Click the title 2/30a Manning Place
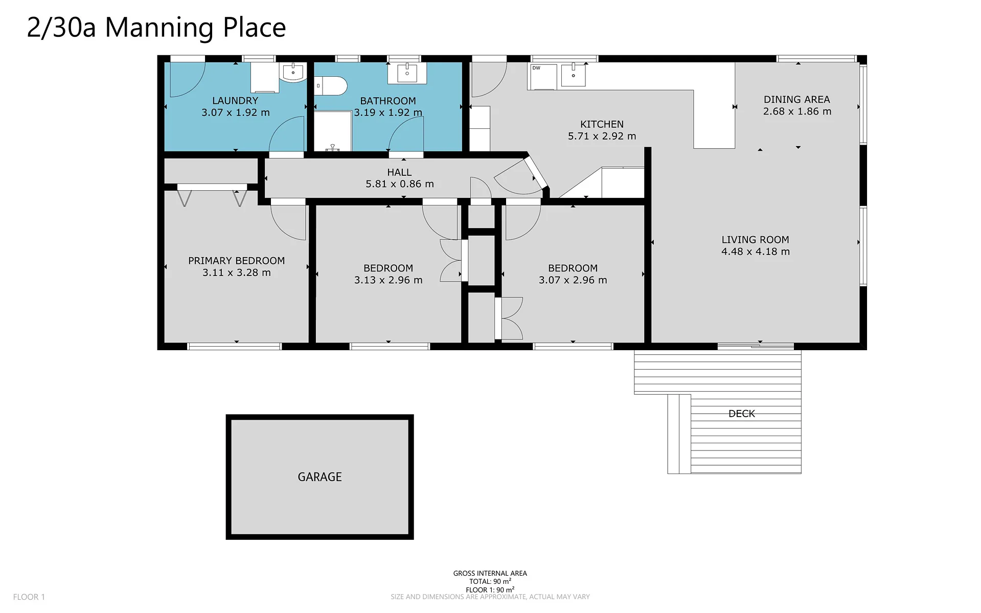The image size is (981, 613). pos(156,28)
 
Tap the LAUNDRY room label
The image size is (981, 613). pos(235,101)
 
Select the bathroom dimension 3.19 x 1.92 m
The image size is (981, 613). pos(389,112)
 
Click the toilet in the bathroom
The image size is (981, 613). pos(331,86)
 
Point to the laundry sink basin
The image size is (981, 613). pos(293,72)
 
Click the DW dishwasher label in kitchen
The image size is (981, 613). pos(536,68)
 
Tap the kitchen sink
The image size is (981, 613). pos(573,75)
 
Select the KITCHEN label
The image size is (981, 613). pos(602,124)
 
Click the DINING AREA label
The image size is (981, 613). pos(797,100)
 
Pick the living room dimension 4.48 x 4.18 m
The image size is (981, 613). pos(756,252)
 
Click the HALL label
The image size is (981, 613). pos(399,172)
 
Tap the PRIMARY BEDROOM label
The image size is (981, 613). pos(237,261)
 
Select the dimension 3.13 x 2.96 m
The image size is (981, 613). pos(389,280)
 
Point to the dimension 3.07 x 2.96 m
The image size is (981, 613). pos(573,280)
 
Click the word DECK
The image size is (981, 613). pos(742,414)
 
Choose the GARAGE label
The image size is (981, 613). pos(320,477)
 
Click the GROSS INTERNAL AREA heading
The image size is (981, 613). pos(490,573)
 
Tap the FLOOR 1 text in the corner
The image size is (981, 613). pos(29,597)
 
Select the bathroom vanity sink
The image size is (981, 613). pos(407,73)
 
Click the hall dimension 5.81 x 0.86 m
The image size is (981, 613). pos(400,184)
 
